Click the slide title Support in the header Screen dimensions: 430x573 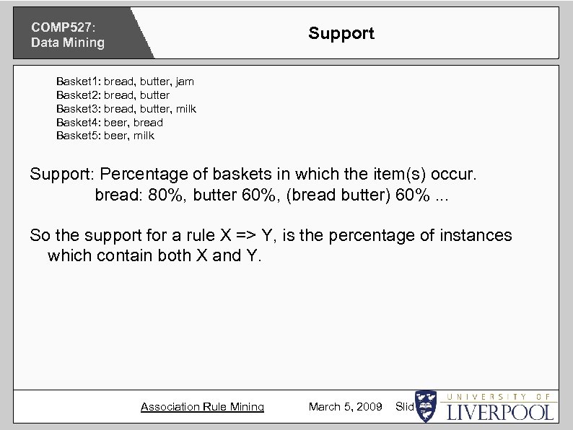(341, 33)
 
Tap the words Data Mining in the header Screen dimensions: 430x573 (67, 43)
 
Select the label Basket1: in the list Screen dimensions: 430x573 (78, 82)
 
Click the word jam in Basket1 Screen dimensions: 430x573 (184, 82)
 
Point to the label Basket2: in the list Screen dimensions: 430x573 (78, 95)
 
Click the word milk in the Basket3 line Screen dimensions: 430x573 (184, 109)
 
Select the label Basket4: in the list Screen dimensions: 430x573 (78, 123)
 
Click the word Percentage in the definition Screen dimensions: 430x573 (141, 175)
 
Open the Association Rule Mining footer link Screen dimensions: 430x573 (202, 407)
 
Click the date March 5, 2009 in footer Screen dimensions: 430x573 (345, 407)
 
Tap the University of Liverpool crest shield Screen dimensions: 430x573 (427, 406)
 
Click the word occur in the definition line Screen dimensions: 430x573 (449, 175)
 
